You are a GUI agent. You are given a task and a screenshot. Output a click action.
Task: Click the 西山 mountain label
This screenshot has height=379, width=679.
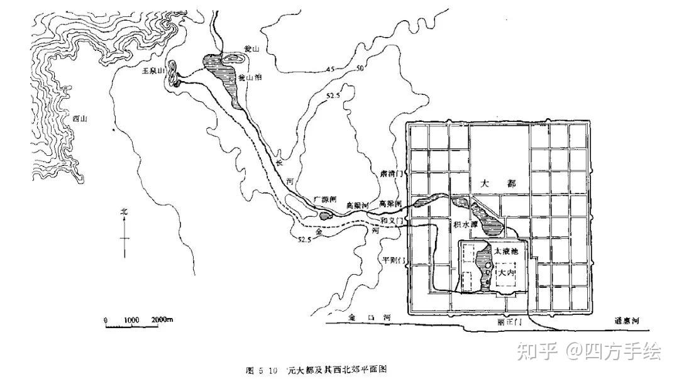point(79,118)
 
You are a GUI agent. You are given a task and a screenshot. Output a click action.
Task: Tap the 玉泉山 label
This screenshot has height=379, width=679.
point(154,72)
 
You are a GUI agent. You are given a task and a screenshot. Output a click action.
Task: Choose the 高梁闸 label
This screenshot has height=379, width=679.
point(390,203)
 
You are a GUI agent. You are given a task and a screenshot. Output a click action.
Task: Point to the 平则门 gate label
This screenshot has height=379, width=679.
point(392,260)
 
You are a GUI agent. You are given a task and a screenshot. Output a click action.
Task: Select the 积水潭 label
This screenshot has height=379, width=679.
point(465,224)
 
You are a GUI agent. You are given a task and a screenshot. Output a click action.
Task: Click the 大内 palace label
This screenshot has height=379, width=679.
point(506,273)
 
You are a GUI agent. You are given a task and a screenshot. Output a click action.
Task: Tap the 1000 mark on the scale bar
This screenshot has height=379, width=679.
point(131,320)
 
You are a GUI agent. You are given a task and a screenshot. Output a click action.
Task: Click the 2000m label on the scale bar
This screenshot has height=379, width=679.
point(162,320)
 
